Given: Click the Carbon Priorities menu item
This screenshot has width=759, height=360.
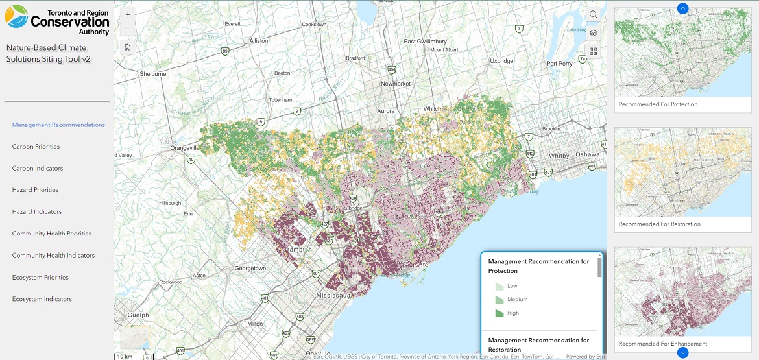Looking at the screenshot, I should (36, 147).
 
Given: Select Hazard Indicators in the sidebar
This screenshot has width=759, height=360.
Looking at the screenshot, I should (37, 212).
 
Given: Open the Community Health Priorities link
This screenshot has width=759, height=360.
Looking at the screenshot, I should (51, 234).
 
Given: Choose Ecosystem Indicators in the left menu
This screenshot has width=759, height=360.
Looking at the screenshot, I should (42, 299).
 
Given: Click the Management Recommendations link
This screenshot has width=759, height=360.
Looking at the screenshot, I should (58, 125).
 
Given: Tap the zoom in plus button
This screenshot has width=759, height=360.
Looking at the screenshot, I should (127, 14).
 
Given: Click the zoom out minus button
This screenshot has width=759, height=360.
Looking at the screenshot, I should (127, 29).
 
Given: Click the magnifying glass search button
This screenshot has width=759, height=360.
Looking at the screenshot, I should (593, 15).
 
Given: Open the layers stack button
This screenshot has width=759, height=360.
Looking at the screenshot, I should (593, 33).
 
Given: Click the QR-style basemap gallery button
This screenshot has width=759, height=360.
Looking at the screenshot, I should (593, 51).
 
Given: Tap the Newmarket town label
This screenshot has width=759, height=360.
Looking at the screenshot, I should (396, 84).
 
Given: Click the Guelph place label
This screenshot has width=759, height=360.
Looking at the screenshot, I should (138, 315).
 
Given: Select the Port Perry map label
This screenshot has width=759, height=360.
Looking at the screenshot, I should (559, 64).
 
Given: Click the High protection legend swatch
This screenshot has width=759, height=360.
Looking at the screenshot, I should (499, 313).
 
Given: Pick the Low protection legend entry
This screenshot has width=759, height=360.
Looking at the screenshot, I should (499, 286).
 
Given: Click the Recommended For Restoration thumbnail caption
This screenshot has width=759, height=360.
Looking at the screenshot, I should (659, 224).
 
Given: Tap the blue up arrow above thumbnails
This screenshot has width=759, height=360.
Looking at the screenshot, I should (682, 8).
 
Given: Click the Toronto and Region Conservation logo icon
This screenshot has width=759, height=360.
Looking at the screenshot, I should (16, 17).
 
